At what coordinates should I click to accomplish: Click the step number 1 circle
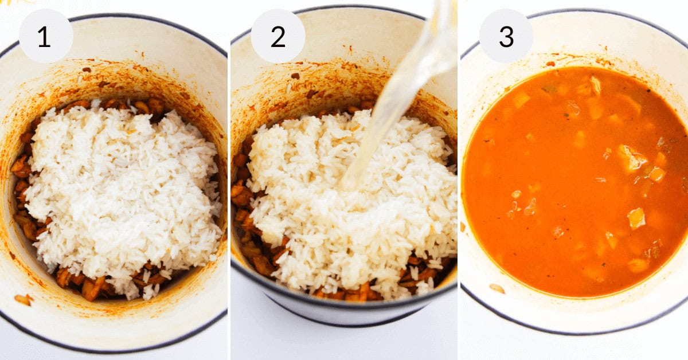click(x=46, y=36)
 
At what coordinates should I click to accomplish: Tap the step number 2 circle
click(x=278, y=36)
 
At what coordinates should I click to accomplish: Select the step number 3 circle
click(x=506, y=36)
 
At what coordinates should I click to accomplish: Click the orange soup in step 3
click(x=573, y=183)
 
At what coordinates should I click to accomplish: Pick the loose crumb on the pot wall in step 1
click(x=23, y=299)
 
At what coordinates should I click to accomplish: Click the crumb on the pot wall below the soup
click(x=497, y=288)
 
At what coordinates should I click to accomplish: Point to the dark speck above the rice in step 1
click(x=86, y=70)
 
